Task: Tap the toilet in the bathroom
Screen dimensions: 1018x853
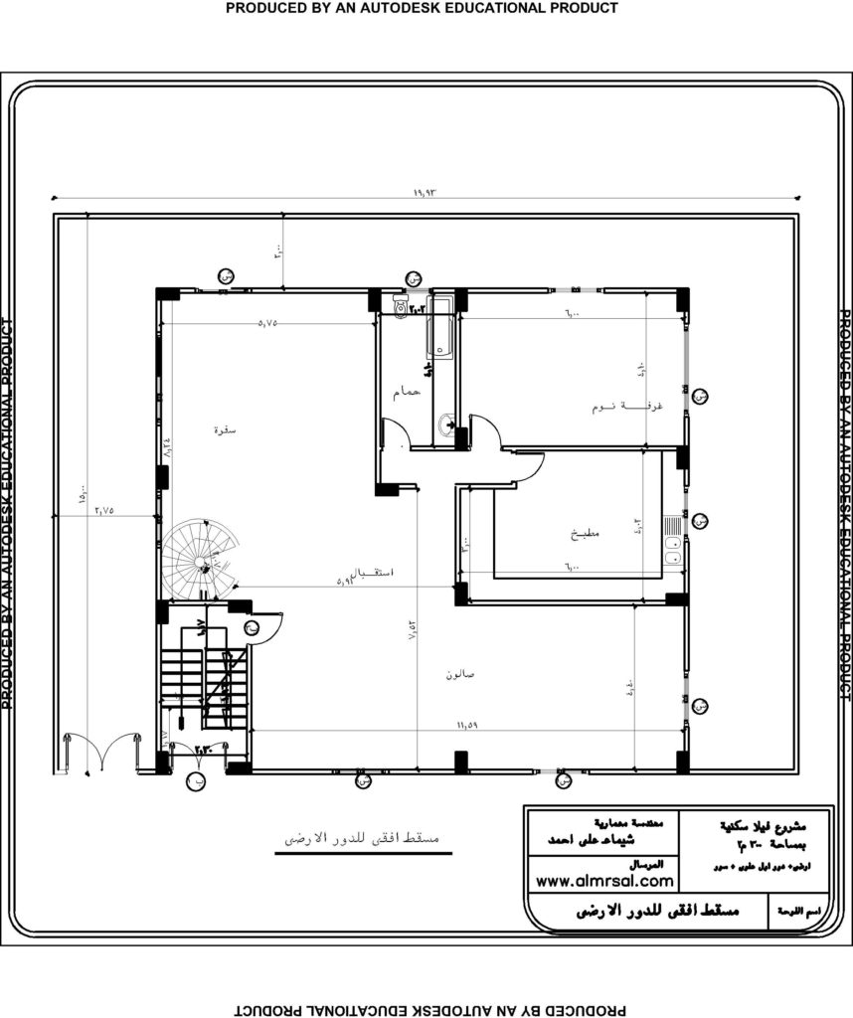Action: [x=400, y=306]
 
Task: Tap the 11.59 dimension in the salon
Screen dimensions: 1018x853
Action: [x=467, y=726]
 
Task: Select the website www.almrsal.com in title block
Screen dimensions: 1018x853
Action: [x=603, y=881]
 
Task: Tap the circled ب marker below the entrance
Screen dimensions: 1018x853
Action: [x=191, y=782]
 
